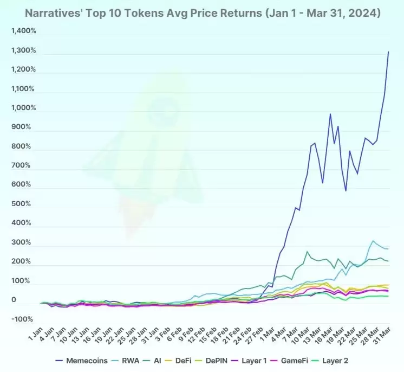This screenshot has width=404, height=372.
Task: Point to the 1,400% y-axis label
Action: click(x=23, y=31)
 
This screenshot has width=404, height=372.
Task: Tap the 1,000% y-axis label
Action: click(x=23, y=108)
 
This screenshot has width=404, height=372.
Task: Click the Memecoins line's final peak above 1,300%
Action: click(x=388, y=52)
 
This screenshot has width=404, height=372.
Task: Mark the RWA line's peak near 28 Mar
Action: click(x=373, y=240)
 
